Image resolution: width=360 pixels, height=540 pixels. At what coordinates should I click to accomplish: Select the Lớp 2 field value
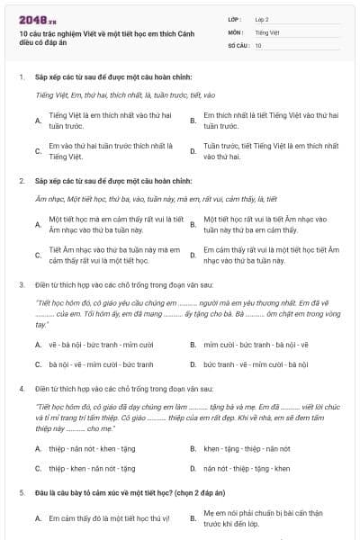click(263, 18)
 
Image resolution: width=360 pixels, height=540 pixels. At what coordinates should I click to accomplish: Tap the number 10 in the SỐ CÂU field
click(259, 44)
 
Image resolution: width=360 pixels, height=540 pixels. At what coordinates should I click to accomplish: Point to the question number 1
click(21, 77)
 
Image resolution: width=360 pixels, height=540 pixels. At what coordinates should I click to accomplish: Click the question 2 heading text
click(113, 181)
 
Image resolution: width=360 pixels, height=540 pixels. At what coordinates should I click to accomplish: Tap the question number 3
click(21, 284)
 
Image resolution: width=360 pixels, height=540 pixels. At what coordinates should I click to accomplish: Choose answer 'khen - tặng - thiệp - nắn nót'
click(247, 447)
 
